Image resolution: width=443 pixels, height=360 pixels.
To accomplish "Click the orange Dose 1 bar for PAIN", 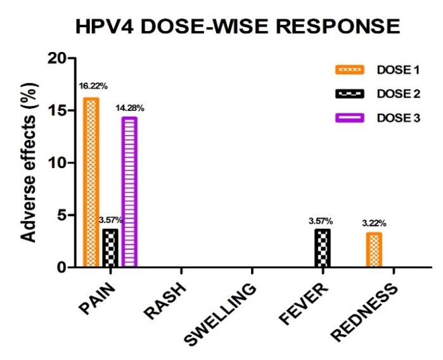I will [x=91, y=183].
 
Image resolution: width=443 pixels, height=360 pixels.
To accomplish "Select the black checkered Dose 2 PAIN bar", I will [x=110, y=248].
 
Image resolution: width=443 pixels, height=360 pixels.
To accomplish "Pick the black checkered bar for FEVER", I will [x=322, y=248].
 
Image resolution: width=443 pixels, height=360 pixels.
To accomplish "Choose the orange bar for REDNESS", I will [x=374, y=250].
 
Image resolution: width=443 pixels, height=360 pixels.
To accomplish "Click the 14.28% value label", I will [x=129, y=108].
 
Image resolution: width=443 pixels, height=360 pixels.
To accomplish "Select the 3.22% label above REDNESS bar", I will [x=375, y=223].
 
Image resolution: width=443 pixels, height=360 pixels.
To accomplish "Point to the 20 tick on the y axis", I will [x=57, y=58].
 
